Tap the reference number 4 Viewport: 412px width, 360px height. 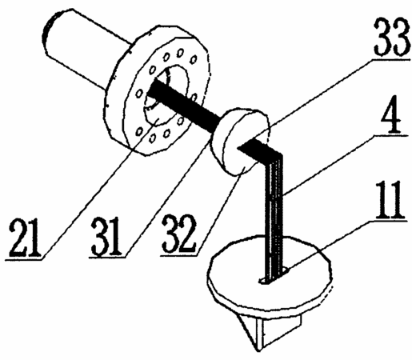point(392,114)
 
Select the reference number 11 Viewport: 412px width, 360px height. point(390,199)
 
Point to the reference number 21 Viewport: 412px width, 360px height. point(26,237)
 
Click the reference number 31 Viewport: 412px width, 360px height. point(106,236)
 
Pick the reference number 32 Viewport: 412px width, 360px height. point(180,234)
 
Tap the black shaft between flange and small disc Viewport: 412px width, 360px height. point(183,103)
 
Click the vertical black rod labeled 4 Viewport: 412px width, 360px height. point(274,216)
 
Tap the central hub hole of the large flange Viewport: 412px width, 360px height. point(166,94)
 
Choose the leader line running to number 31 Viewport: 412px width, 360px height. point(167,197)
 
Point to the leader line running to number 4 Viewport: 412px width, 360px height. point(329,166)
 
